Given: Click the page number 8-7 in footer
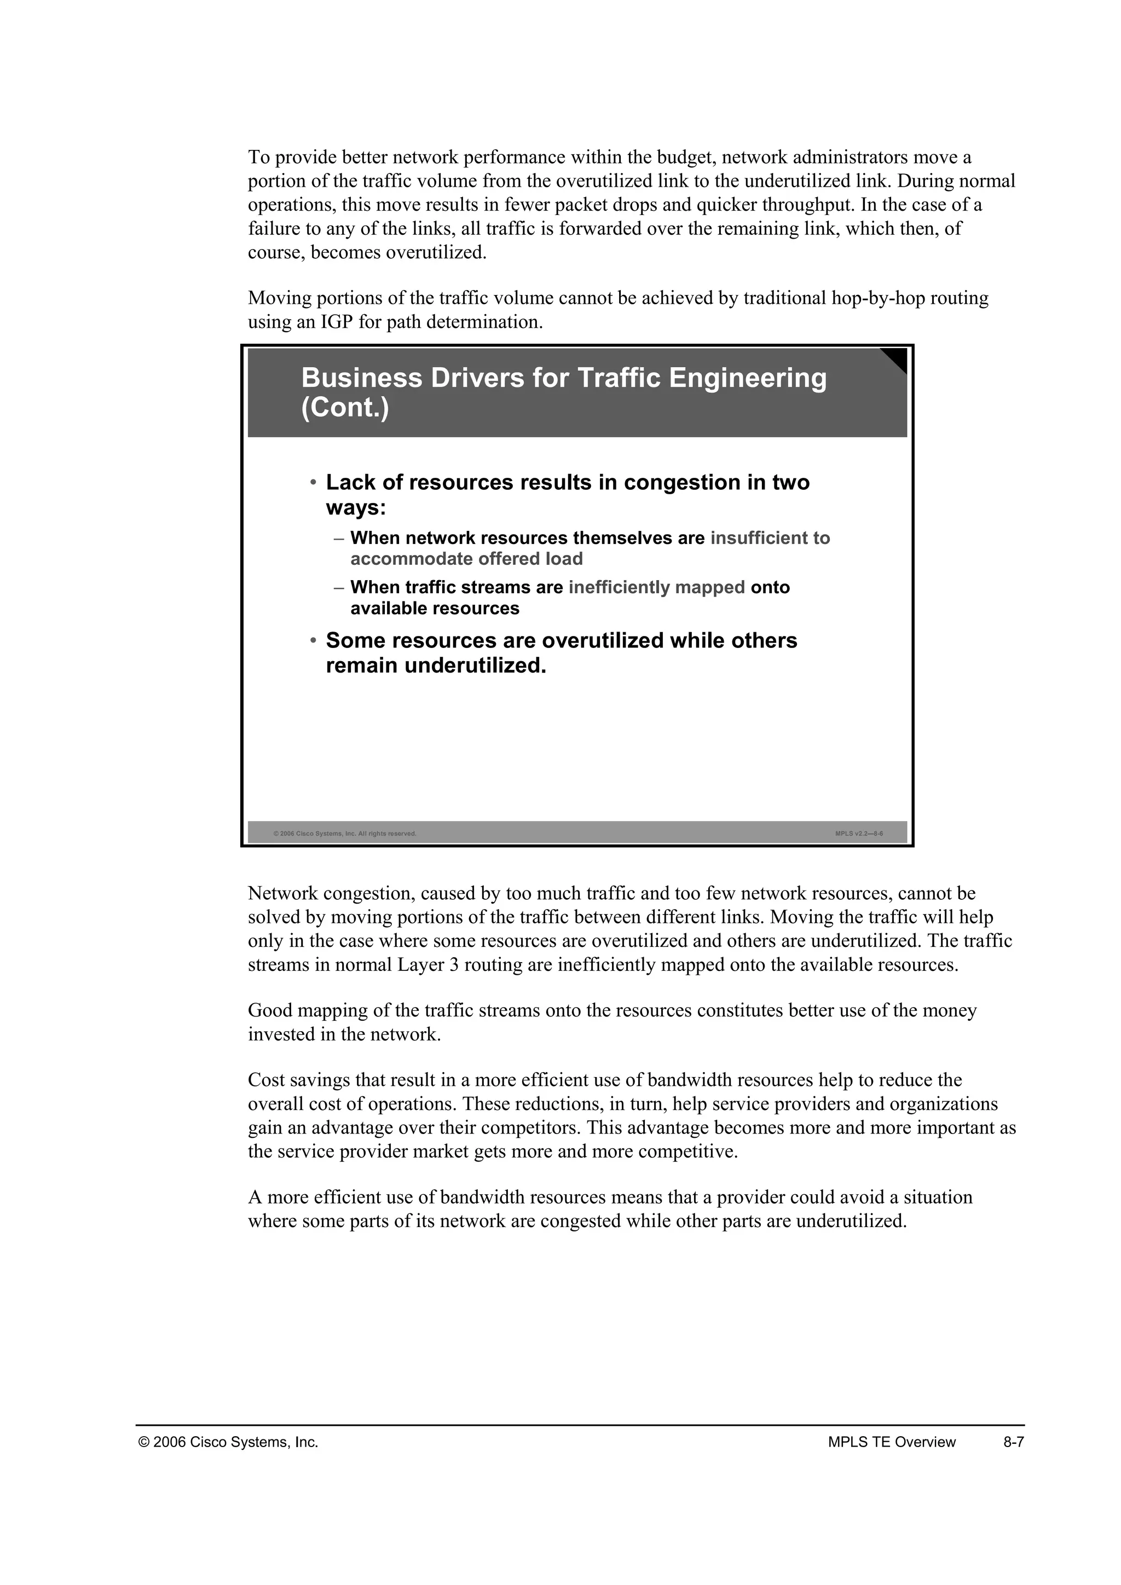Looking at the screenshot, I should point(1013,1442).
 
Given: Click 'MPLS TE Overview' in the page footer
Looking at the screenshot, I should point(891,1442).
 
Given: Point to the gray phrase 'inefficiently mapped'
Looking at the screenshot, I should point(656,587).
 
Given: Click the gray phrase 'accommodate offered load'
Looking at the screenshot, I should point(466,559).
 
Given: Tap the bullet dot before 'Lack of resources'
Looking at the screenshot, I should point(313,481).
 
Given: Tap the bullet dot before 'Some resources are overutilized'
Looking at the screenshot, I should point(313,640).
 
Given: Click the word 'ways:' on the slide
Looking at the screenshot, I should point(355,508).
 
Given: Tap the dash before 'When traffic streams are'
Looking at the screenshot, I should point(338,587).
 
